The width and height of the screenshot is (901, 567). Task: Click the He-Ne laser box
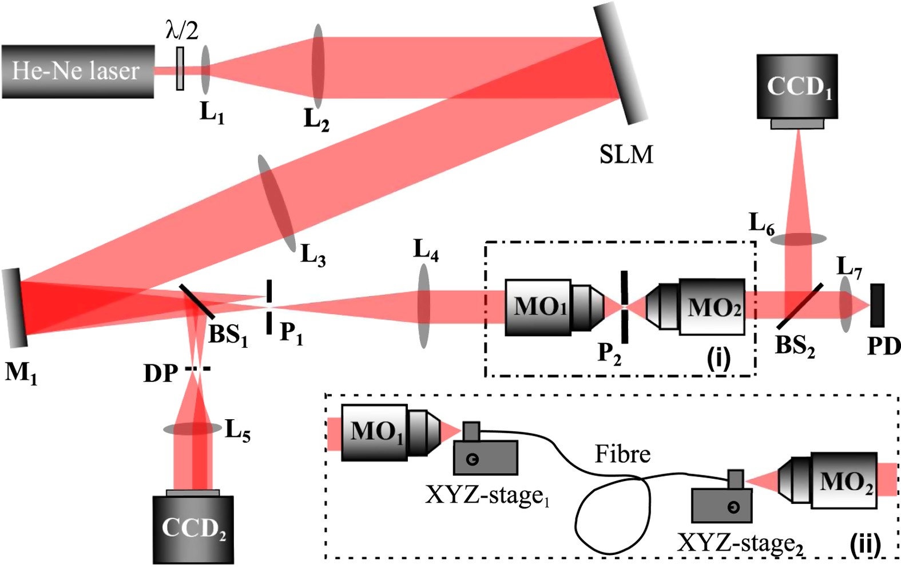[x=77, y=71]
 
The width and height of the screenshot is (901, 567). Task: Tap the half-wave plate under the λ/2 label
[x=180, y=69]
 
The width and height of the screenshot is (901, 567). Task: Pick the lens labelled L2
[x=318, y=65]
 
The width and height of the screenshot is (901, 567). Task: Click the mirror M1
[x=14, y=308]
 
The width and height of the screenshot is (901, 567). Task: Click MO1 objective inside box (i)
[x=552, y=307]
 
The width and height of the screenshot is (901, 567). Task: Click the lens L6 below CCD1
[x=797, y=239]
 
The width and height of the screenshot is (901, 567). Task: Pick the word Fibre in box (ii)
[x=622, y=454]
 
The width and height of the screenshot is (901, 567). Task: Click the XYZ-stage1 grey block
[x=485, y=457]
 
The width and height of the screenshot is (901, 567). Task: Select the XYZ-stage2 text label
[x=740, y=543]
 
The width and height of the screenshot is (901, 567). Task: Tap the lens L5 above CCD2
[x=192, y=428]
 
